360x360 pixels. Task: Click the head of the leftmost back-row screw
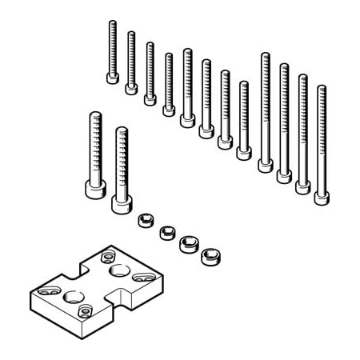(x=112, y=78)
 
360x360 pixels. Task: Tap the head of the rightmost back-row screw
(x=322, y=197)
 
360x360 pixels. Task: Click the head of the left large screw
(x=95, y=189)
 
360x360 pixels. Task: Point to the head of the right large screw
(x=121, y=204)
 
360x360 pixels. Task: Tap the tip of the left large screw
(x=95, y=115)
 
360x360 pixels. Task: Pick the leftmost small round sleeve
(x=145, y=220)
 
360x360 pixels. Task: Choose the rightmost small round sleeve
(x=210, y=256)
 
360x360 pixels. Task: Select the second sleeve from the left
(x=166, y=232)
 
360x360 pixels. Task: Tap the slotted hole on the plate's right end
(x=142, y=277)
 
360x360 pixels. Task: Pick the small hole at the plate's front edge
(x=85, y=309)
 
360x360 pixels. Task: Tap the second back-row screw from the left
(x=131, y=63)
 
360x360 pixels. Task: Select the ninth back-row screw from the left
(x=265, y=112)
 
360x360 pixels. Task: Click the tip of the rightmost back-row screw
(x=322, y=88)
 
